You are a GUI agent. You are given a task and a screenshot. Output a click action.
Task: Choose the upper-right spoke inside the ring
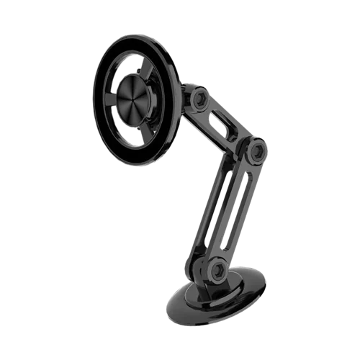tap(162, 76)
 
